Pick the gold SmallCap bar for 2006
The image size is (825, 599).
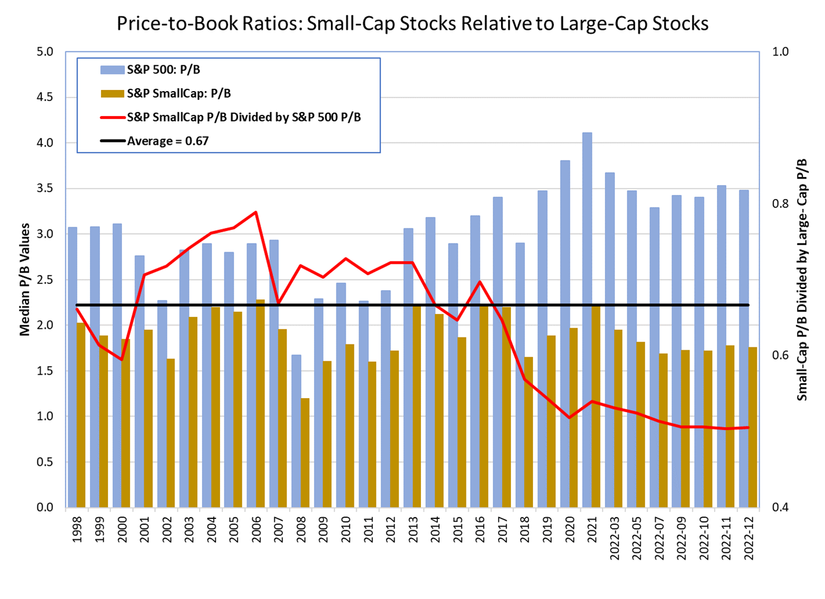pyautogui.click(x=260, y=403)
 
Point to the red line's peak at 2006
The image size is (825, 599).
pyautogui.click(x=256, y=212)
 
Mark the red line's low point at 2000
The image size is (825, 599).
pyautogui.click(x=121, y=360)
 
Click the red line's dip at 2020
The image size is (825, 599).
pyautogui.click(x=569, y=418)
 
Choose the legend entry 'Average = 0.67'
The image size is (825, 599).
pyautogui.click(x=168, y=141)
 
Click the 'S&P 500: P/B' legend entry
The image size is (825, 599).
pyautogui.click(x=163, y=69)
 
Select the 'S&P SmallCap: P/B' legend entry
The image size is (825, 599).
pyautogui.click(x=178, y=93)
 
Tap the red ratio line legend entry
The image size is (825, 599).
pyautogui.click(x=243, y=117)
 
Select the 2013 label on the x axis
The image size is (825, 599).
pyautogui.click(x=413, y=529)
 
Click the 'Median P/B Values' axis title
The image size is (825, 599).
pyautogui.click(x=25, y=279)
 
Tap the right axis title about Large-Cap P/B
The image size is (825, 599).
pyautogui.click(x=802, y=279)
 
